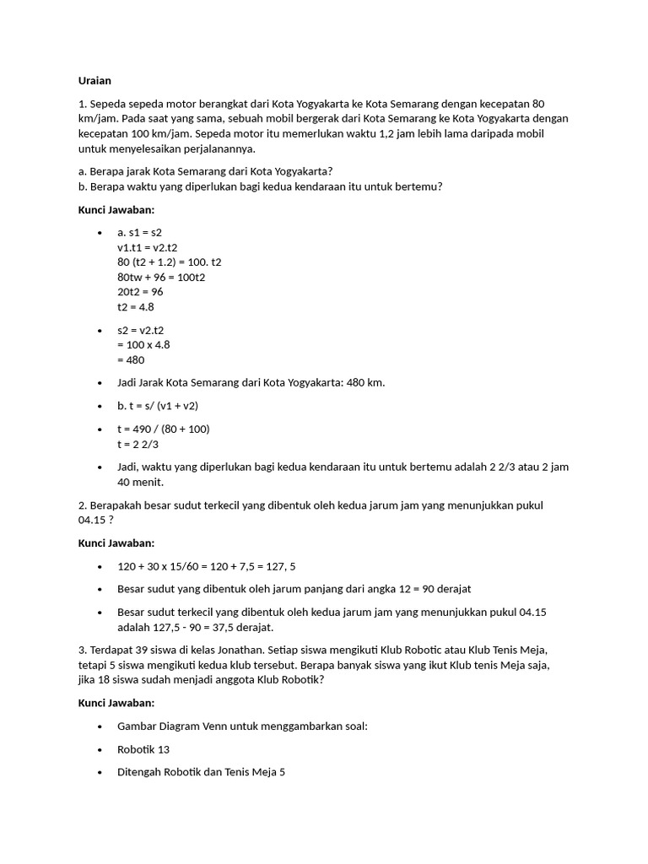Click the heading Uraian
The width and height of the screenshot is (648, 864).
(x=94, y=81)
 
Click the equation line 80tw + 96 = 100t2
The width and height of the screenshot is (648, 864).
(x=162, y=277)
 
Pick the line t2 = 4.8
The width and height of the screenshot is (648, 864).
(x=136, y=307)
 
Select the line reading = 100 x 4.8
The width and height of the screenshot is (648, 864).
(x=143, y=345)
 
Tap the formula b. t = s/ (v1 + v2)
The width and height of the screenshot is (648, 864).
(x=158, y=406)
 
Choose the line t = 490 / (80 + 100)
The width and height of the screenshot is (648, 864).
(x=164, y=429)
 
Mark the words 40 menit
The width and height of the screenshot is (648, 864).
(x=140, y=483)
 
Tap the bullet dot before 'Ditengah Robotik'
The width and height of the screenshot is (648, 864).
(x=100, y=772)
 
